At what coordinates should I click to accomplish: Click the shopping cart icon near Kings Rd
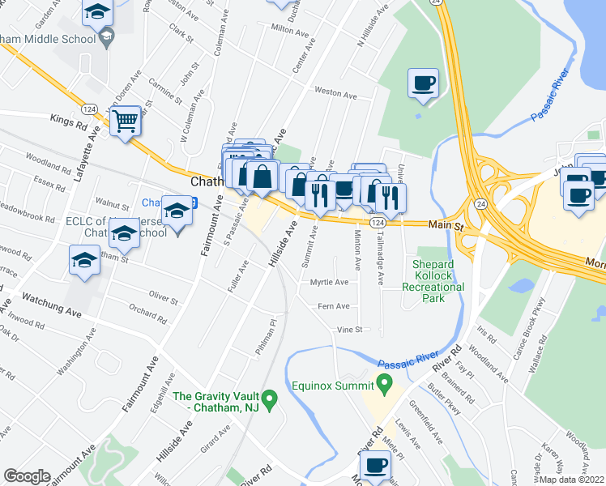125,122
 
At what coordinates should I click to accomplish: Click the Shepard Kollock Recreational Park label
438,281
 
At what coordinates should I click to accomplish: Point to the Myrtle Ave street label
329,283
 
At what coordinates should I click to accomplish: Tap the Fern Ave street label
334,306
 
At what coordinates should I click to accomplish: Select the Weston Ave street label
335,95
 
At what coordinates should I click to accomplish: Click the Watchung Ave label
52,305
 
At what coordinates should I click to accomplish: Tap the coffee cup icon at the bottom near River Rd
375,466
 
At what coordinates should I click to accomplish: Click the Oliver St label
164,299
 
